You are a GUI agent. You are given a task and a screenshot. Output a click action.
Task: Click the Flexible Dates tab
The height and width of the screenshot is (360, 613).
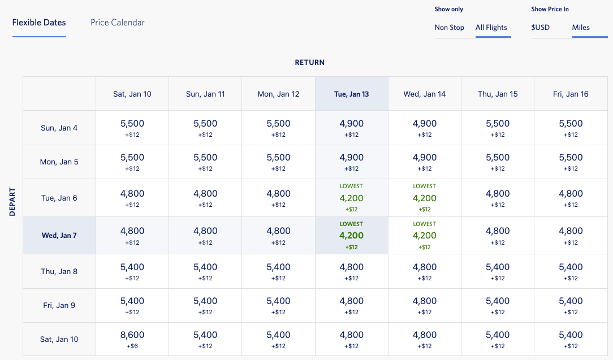(x=39, y=23)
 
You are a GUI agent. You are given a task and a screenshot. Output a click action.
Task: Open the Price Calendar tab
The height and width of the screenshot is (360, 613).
(x=118, y=23)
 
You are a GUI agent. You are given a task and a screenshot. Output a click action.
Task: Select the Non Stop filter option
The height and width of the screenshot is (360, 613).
(x=449, y=27)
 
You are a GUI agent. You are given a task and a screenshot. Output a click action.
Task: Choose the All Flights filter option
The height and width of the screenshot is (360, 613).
(x=491, y=27)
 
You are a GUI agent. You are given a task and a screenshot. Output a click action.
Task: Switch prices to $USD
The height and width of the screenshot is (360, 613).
(x=540, y=27)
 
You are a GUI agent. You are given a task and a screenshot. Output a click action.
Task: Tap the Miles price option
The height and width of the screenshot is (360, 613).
(x=581, y=27)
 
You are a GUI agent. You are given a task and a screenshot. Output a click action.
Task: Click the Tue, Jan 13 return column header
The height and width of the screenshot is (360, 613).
(x=351, y=94)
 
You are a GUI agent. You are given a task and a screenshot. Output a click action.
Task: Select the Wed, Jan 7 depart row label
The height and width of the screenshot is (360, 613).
(x=59, y=235)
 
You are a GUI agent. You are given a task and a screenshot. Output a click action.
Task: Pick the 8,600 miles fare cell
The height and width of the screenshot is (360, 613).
(x=132, y=339)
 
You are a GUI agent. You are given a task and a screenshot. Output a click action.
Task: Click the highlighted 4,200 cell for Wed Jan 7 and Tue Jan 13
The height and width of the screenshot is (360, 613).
(x=351, y=236)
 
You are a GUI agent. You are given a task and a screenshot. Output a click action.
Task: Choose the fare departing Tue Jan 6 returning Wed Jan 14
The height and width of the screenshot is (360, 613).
(x=424, y=198)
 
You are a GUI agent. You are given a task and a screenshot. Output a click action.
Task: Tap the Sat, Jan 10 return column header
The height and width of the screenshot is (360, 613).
(x=132, y=94)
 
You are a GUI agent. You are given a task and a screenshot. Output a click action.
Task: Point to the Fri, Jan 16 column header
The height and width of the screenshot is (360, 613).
(x=571, y=94)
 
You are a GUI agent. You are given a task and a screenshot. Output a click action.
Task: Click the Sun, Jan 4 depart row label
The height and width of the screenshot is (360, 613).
(x=59, y=128)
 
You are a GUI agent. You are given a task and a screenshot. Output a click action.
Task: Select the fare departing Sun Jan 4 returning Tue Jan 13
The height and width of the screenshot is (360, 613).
(x=351, y=128)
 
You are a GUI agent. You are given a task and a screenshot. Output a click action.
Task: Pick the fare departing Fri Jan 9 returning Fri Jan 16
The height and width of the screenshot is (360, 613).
(x=571, y=305)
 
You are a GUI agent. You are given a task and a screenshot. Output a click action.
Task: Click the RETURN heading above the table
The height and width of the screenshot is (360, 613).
(x=309, y=63)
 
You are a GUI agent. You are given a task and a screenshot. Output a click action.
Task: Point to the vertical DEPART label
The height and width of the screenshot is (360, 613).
(x=12, y=201)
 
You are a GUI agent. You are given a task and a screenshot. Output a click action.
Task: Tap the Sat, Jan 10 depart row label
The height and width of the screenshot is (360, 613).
(x=59, y=339)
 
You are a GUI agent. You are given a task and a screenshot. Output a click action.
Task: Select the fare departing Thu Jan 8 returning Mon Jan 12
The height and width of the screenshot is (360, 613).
(x=278, y=271)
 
